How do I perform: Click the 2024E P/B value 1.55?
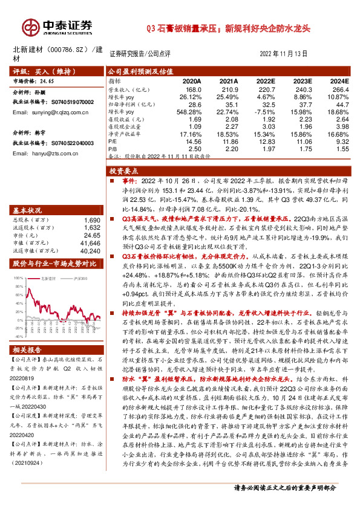(x=342, y=148)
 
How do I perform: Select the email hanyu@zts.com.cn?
(x=54, y=154)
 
